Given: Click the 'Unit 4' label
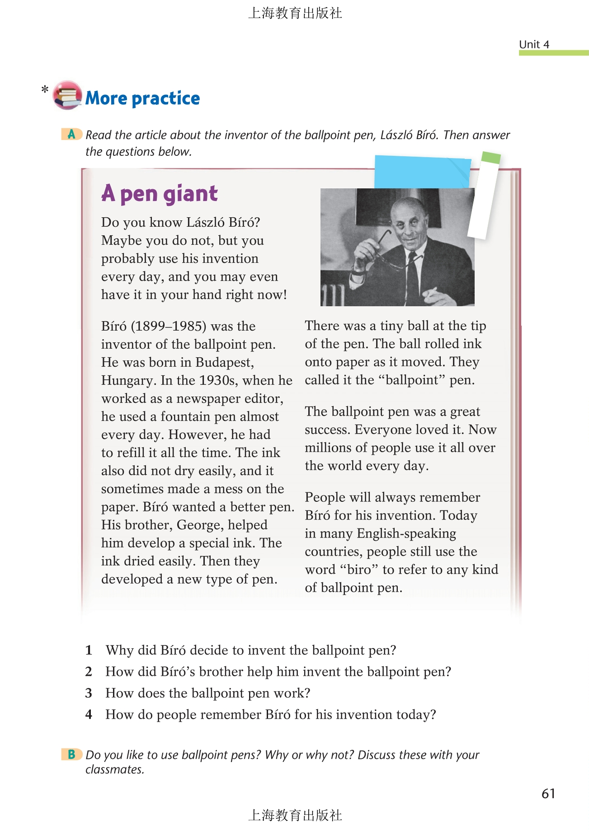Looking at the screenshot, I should pyautogui.click(x=534, y=44).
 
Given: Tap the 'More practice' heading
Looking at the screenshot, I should pyautogui.click(x=142, y=98).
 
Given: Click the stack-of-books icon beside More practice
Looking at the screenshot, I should pyautogui.click(x=67, y=95).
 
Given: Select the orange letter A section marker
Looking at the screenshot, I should pyautogui.click(x=71, y=134).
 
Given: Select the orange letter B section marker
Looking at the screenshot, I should pyautogui.click(x=71, y=754).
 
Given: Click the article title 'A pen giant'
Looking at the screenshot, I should pyautogui.click(x=160, y=193).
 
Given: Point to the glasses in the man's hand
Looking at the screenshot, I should pyautogui.click(x=382, y=251).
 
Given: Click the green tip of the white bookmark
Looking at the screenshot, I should pyautogui.click(x=491, y=158).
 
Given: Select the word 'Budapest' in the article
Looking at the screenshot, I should pyautogui.click(x=224, y=362).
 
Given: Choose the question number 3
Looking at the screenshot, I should pyautogui.click(x=89, y=693).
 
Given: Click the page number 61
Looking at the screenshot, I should pyautogui.click(x=548, y=794).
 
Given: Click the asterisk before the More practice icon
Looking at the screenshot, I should pyautogui.click(x=45, y=89).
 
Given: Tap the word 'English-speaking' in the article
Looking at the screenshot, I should pyautogui.click(x=406, y=533).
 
